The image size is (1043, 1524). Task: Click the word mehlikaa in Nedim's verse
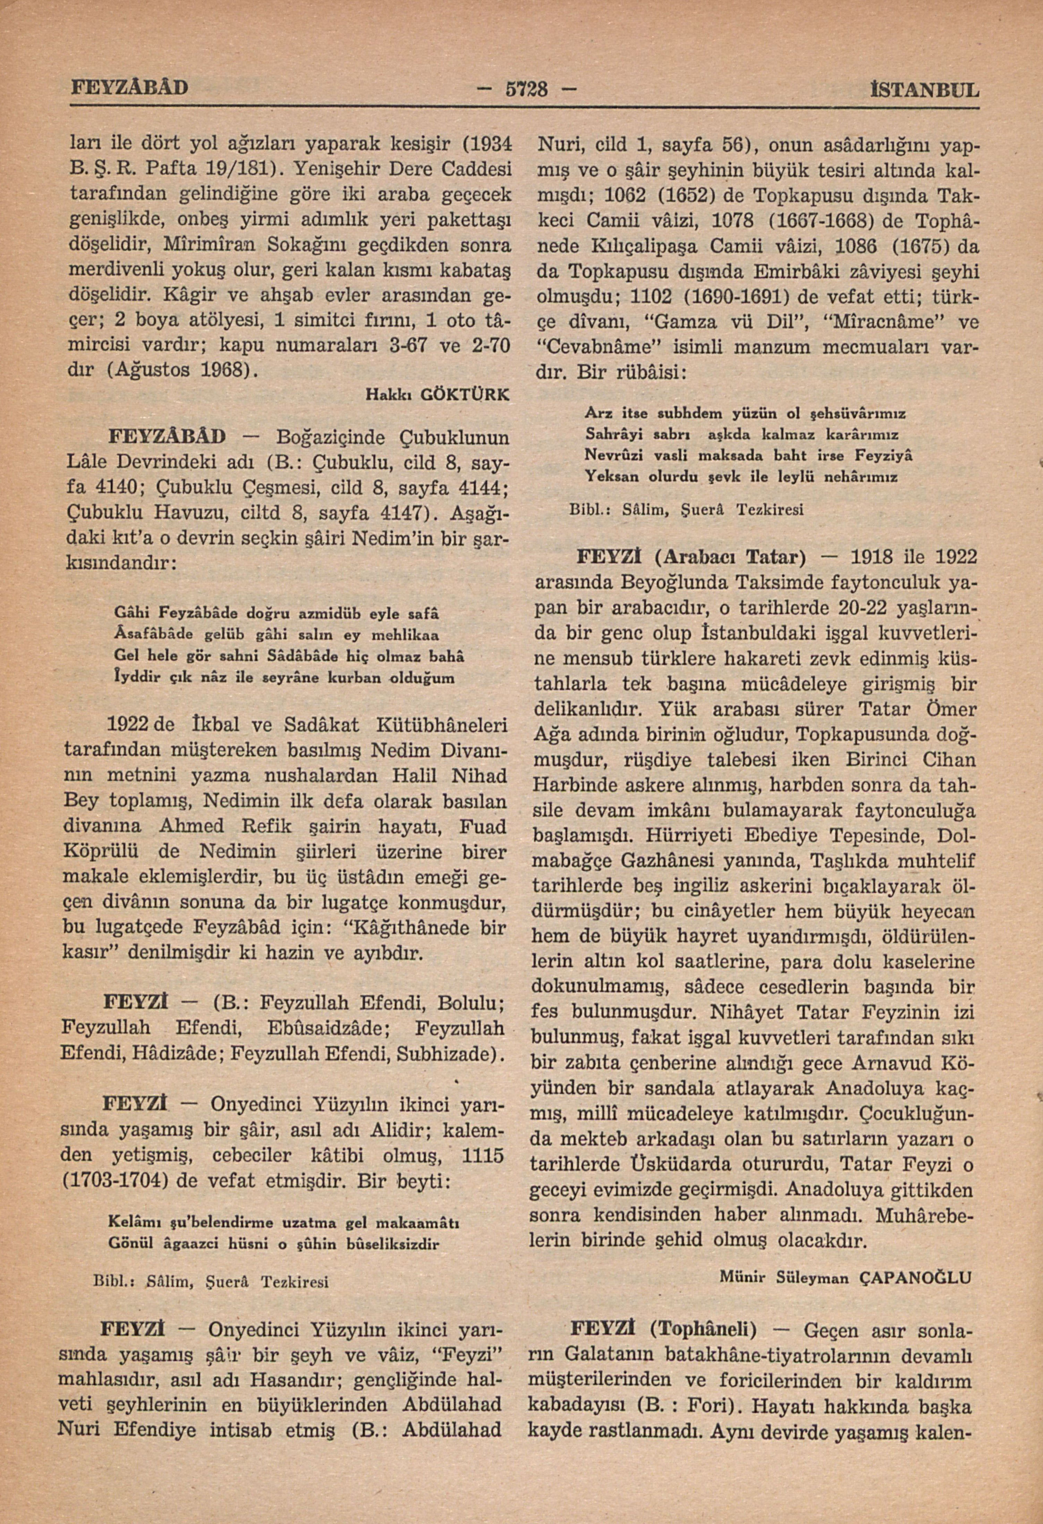pyautogui.click(x=402, y=635)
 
